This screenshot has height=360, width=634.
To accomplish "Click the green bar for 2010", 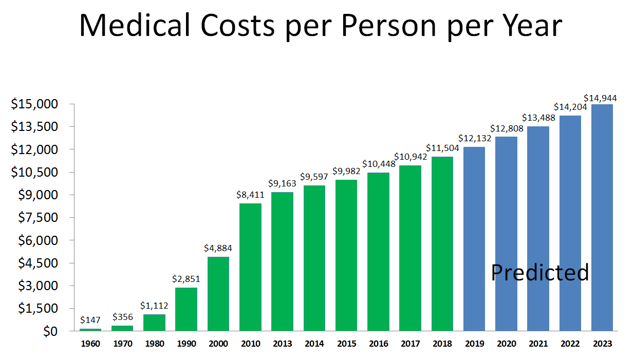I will (250, 267).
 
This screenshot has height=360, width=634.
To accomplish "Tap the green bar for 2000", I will (218, 294).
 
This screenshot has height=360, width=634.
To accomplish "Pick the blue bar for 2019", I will (474, 239).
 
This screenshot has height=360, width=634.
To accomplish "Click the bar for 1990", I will (186, 309).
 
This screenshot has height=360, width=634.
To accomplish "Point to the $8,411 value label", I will (250, 195).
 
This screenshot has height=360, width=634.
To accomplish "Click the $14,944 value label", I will (601, 98).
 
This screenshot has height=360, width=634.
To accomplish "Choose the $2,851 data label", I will (187, 279).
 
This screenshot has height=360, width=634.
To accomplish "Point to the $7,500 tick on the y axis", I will (38, 218).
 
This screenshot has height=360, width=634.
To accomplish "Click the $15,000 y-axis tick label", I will (35, 104).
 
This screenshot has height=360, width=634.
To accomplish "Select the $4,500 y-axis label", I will (38, 263).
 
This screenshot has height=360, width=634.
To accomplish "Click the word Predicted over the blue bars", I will (539, 272).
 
